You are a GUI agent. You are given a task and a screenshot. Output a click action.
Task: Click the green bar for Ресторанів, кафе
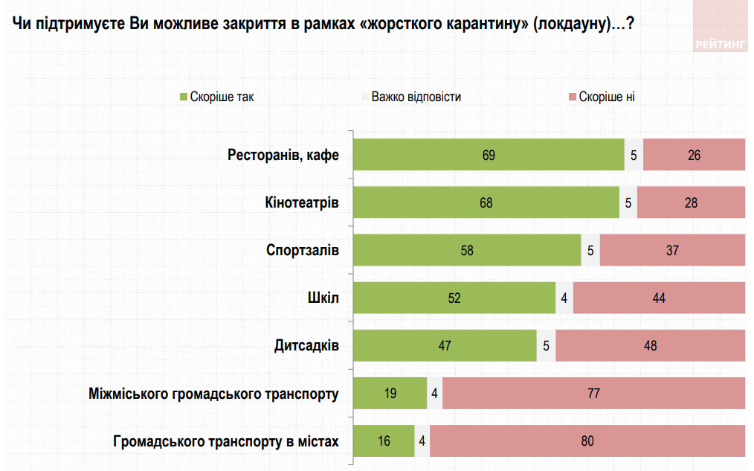pyautogui.click(x=488, y=155)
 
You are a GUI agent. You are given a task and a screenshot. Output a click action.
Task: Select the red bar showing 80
pyautogui.click(x=587, y=440)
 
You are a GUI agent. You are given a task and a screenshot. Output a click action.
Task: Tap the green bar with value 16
pyautogui.click(x=384, y=440)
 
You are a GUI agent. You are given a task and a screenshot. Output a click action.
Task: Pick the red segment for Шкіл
pyautogui.click(x=659, y=298)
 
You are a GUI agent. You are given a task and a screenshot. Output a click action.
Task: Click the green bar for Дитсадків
pyautogui.click(x=445, y=345)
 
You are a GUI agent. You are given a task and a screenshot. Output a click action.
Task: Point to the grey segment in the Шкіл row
pyautogui.click(x=564, y=298)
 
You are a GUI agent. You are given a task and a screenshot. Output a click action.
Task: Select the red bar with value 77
pyautogui.click(x=593, y=393)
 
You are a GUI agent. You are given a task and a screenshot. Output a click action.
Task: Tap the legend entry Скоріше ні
pyautogui.click(x=606, y=97)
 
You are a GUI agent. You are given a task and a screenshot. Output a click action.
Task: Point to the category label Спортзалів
pyautogui.click(x=303, y=250)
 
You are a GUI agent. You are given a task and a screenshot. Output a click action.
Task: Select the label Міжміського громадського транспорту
pyautogui.click(x=213, y=394)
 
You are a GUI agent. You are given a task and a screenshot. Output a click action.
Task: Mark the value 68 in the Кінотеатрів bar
pyautogui.click(x=486, y=202)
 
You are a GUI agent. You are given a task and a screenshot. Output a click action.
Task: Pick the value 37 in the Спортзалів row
pyautogui.click(x=672, y=250)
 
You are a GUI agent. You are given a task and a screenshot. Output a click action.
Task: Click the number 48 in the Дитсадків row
pyautogui.click(x=650, y=345)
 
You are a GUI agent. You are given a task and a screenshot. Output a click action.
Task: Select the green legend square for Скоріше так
pyautogui.click(x=183, y=97)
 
